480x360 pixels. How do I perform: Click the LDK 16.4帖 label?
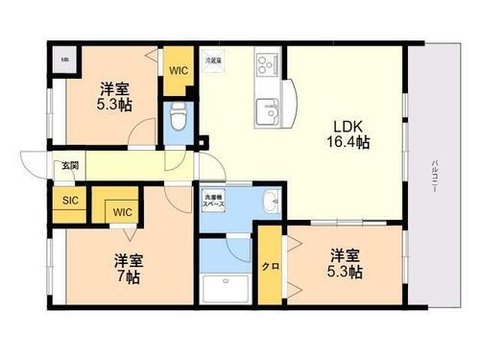pos(351,135)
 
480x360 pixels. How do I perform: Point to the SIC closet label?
pos(69,201)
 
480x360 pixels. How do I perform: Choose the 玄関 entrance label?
pos(71,166)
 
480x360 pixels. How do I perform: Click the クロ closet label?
pos(270,265)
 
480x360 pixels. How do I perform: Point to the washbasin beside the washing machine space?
pos(271,203)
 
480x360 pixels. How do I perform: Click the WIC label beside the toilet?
pos(179,70)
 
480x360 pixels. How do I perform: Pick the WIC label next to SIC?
pos(121,211)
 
